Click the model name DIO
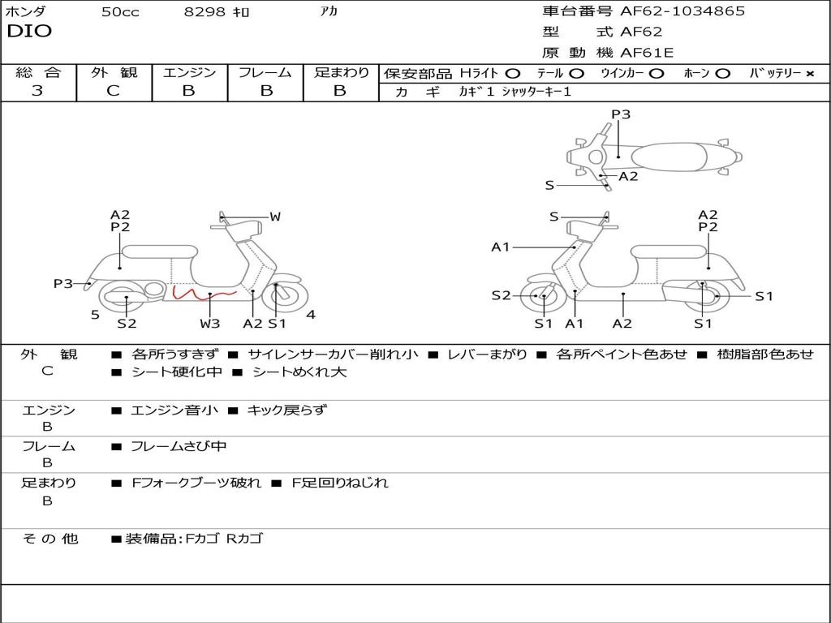(x=29, y=32)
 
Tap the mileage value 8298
(x=205, y=12)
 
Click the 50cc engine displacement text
(x=120, y=12)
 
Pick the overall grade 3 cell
(x=37, y=91)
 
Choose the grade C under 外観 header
(x=113, y=91)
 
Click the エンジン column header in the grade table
(x=189, y=73)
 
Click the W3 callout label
(x=209, y=324)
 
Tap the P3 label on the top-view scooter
(x=621, y=114)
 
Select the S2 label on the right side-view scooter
(x=501, y=296)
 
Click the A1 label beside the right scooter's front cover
(x=500, y=247)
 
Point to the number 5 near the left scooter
(x=95, y=315)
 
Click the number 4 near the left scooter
(x=311, y=315)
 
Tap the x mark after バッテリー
(x=809, y=74)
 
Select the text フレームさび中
(x=179, y=446)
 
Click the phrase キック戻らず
(x=286, y=410)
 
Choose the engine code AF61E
(x=647, y=54)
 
